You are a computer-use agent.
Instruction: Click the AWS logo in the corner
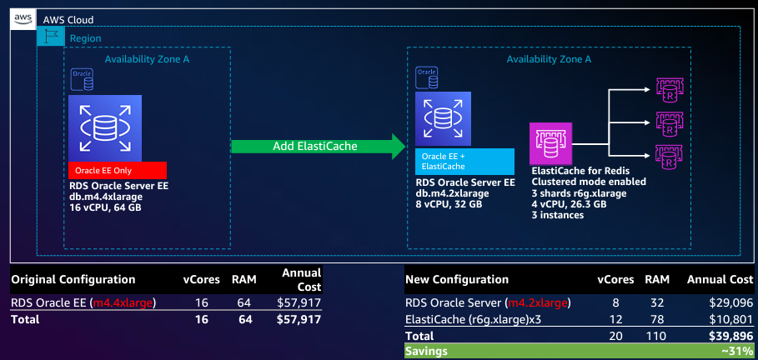click(23, 20)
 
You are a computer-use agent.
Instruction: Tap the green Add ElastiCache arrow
click(318, 147)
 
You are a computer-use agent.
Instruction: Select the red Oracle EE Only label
click(118, 170)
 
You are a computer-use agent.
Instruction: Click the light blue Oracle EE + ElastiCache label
click(464, 162)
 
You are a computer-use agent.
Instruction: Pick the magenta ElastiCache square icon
click(550, 143)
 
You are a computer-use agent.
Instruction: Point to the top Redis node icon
click(670, 91)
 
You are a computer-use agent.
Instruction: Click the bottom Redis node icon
click(670, 156)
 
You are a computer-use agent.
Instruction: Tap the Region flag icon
click(51, 37)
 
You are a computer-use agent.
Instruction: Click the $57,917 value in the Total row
click(299, 319)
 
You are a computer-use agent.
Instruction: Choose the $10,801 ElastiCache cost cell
click(731, 319)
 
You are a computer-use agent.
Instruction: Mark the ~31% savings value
click(737, 352)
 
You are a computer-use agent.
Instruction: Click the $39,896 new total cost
click(730, 335)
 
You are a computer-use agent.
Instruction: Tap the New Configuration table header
click(457, 279)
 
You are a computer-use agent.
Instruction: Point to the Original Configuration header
click(73, 279)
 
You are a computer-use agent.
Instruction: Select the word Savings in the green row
click(426, 352)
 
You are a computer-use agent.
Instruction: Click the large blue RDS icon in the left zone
click(105, 128)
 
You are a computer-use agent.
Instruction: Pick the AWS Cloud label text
click(68, 20)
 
